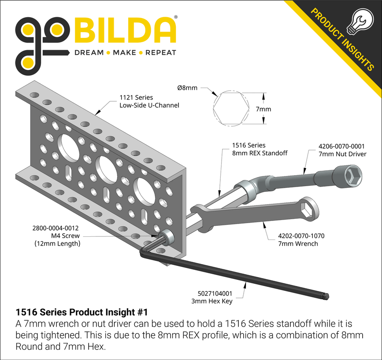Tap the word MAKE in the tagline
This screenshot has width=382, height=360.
click(x=125, y=53)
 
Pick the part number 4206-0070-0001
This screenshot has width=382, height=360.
click(x=341, y=146)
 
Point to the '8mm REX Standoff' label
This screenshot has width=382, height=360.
click(x=260, y=153)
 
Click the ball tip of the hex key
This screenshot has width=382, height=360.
click(x=326, y=295)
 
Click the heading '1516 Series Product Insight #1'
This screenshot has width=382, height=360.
click(x=82, y=312)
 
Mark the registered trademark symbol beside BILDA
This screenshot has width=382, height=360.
click(x=176, y=18)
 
